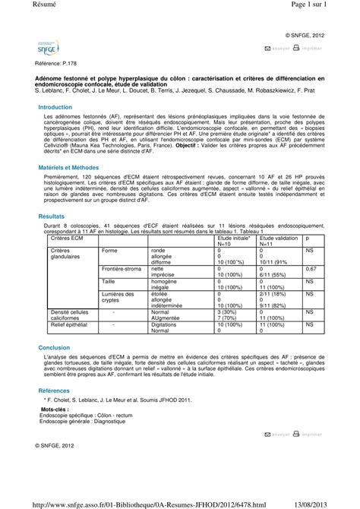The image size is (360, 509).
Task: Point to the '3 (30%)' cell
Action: coord(228,311)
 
